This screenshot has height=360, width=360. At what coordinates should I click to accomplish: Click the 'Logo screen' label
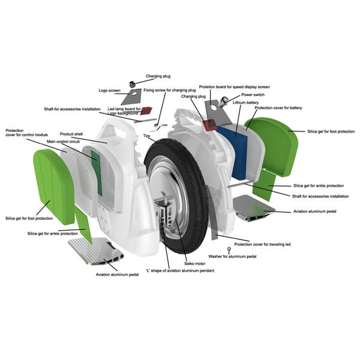pyautogui.click(x=110, y=91)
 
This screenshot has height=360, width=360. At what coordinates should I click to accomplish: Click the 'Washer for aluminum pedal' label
pyautogui.click(x=232, y=256)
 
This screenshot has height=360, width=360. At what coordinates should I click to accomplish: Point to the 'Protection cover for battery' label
pyautogui.click(x=278, y=108)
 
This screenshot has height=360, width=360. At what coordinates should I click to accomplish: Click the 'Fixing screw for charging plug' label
pyautogui.click(x=170, y=90)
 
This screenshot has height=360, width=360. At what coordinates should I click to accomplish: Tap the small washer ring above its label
pyautogui.click(x=229, y=248)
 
